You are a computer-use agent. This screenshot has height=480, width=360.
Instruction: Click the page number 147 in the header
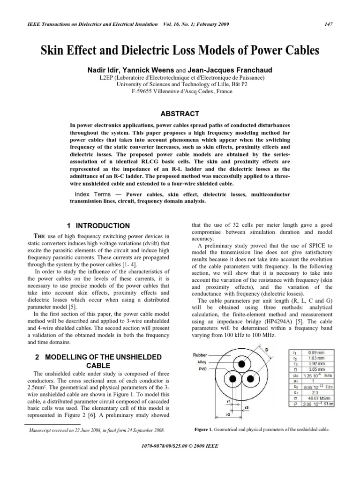(336, 24)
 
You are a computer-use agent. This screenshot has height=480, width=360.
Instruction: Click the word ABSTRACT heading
(180, 114)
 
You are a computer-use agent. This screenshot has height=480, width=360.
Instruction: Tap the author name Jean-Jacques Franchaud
(232, 70)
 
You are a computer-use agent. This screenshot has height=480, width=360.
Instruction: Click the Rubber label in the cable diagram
(200, 355)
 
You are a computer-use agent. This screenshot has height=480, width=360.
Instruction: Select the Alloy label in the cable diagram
(201, 362)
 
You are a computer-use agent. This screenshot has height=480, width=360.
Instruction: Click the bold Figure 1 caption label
(203, 429)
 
